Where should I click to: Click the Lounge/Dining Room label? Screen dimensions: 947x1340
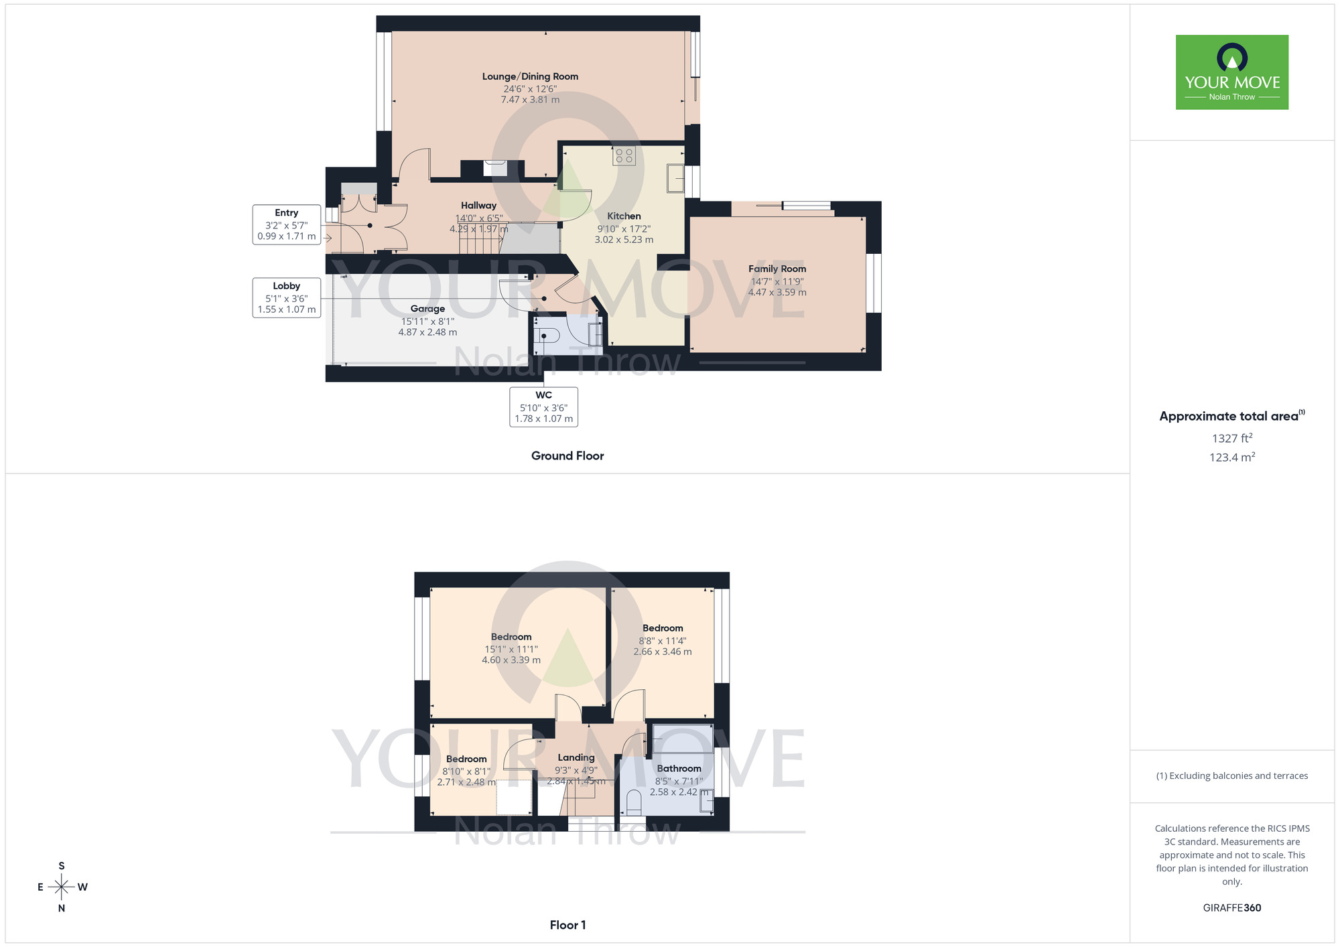click(530, 76)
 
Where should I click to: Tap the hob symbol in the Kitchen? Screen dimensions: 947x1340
click(624, 156)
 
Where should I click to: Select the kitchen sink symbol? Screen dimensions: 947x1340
click(675, 179)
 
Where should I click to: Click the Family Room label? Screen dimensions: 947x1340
click(777, 269)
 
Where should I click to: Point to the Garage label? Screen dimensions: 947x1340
click(427, 309)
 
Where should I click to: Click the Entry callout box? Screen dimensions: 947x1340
click(286, 224)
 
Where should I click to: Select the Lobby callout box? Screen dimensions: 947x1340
click(286, 297)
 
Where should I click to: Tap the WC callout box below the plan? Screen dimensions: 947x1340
click(543, 407)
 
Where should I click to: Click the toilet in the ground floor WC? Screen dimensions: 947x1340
click(547, 335)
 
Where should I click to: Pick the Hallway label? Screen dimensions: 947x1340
click(478, 206)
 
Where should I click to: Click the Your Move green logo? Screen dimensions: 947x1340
click(1231, 72)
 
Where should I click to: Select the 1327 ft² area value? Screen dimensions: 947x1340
click(1231, 438)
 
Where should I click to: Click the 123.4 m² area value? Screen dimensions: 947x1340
click(1231, 457)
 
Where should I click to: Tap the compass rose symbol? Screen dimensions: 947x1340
click(62, 887)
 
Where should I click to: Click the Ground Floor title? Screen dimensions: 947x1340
click(567, 456)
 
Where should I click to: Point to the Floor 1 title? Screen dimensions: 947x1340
click(567, 925)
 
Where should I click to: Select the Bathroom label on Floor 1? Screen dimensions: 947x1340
click(679, 768)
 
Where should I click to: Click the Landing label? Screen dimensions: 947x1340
click(576, 757)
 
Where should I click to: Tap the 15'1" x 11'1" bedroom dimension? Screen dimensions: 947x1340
click(511, 649)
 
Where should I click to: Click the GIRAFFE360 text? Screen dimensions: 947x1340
click(1231, 908)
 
